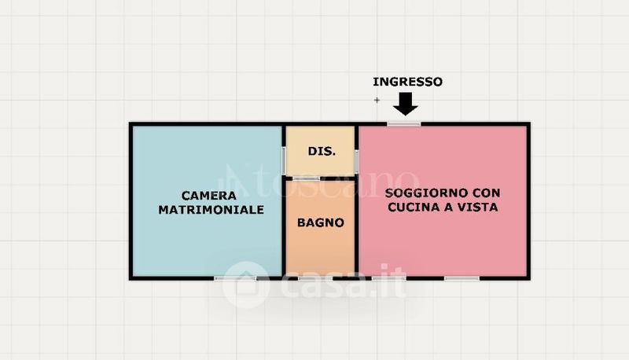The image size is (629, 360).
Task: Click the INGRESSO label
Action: [x=407, y=82]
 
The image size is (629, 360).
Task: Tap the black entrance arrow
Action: [x=406, y=105]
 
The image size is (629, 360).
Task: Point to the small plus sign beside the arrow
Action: [x=377, y=100]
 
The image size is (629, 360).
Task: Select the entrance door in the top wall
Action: [x=404, y=124]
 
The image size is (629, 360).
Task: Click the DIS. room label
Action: [x=322, y=151]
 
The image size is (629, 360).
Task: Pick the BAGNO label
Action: [x=321, y=222]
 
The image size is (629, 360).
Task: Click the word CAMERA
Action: [x=208, y=196]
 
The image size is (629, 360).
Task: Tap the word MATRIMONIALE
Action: [x=211, y=210]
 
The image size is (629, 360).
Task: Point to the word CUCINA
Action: [x=409, y=207]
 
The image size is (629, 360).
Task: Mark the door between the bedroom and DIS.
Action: [x=284, y=160]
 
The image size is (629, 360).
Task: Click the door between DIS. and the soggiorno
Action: [x=357, y=161]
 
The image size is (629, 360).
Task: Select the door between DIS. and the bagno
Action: [x=306, y=178]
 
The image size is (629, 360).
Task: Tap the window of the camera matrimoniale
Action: [x=235, y=277]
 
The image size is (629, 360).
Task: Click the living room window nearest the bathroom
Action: [x=389, y=277]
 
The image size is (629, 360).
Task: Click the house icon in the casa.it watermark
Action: [x=246, y=285]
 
